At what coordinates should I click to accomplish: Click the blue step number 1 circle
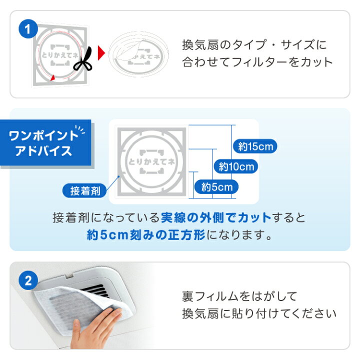click(x=28, y=29)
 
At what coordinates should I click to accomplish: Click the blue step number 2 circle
click(x=28, y=280)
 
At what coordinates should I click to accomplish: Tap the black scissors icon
click(x=83, y=59)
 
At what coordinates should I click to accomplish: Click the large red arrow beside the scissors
click(x=101, y=53)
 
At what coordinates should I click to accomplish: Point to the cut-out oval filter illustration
click(x=138, y=54)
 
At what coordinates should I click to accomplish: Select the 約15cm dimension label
click(x=255, y=146)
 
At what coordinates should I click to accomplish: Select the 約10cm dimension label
click(x=236, y=166)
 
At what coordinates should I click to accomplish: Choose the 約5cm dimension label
click(x=216, y=186)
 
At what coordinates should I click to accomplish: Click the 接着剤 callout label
click(x=84, y=190)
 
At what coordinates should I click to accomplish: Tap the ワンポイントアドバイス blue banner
click(x=45, y=142)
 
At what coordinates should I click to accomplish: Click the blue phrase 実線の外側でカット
click(x=216, y=217)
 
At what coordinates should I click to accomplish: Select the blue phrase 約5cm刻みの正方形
click(x=146, y=234)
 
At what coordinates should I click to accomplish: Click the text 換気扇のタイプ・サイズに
click(x=254, y=45)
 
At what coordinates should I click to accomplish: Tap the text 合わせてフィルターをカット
click(x=257, y=62)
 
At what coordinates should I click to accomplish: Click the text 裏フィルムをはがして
click(x=239, y=296)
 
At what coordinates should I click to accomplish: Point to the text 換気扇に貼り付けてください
click(x=259, y=313)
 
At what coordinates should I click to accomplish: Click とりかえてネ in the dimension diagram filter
click(x=151, y=161)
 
